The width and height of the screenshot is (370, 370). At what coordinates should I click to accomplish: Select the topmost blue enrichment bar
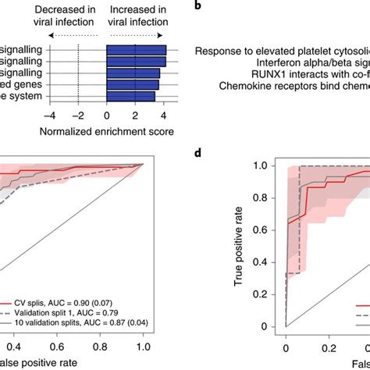point(136,52)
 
